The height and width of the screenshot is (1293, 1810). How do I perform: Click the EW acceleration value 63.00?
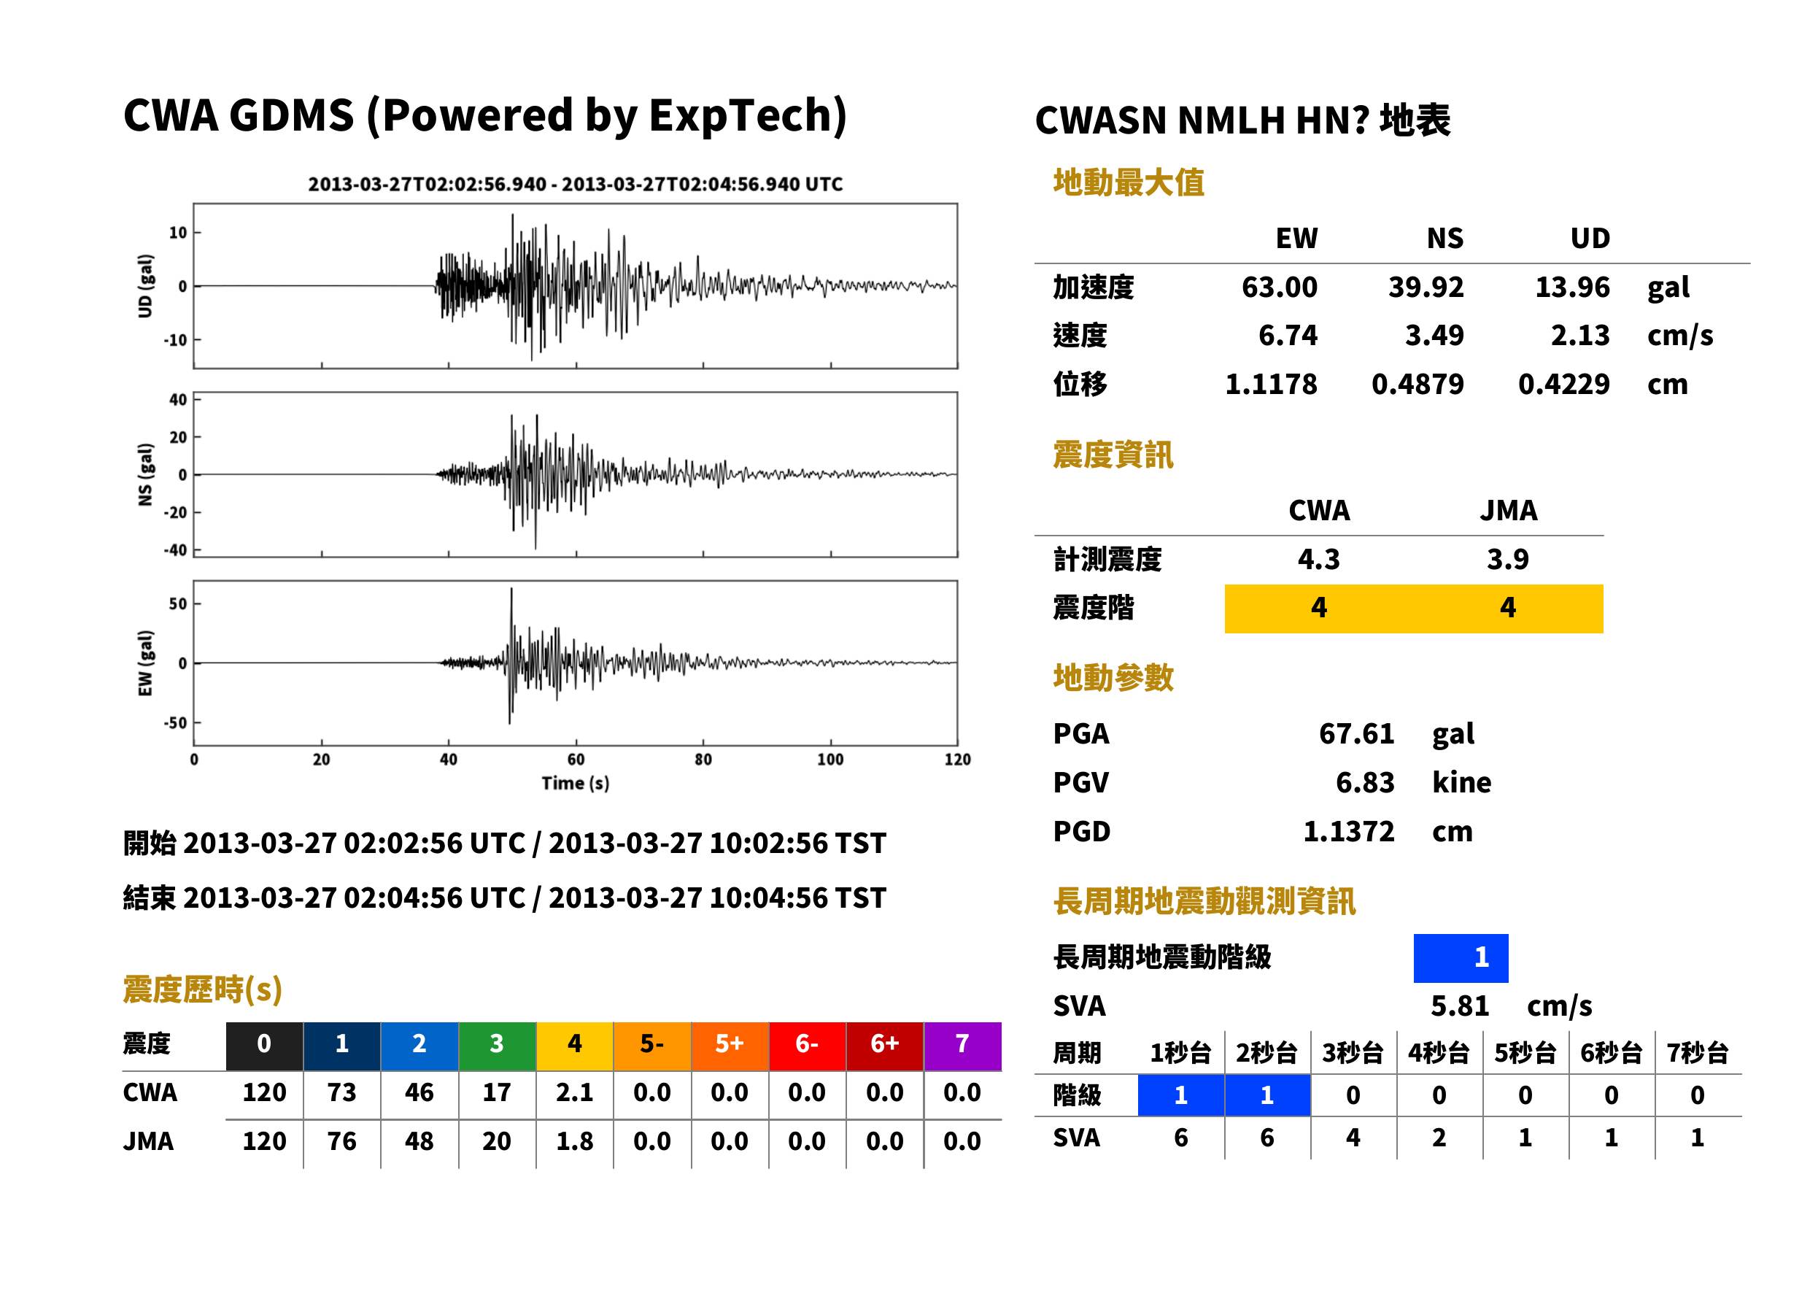1278,287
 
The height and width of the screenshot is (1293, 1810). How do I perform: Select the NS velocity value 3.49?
1434,335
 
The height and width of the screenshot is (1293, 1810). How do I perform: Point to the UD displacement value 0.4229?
1563,384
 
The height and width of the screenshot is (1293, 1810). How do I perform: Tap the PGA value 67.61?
1356,733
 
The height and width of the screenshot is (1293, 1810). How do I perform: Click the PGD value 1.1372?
1348,831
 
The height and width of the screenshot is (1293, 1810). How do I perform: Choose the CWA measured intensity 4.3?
1319,559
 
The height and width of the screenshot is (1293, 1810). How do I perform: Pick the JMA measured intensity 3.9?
1507,559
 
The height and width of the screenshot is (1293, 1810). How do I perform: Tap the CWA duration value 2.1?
575,1092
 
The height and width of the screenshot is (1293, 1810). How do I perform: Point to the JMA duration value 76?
341,1141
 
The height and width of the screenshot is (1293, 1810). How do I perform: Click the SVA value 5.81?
1459,1006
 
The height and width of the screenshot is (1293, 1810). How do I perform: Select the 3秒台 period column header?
1353,1052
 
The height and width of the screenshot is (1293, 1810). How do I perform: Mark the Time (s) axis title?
576,784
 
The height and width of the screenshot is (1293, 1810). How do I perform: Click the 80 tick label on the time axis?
703,760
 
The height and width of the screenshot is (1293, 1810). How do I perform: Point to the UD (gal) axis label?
145,286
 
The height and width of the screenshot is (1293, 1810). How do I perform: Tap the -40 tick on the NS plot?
175,550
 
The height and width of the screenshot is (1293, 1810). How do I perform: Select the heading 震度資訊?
1113,455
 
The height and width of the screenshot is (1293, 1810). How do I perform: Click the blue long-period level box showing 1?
1461,958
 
